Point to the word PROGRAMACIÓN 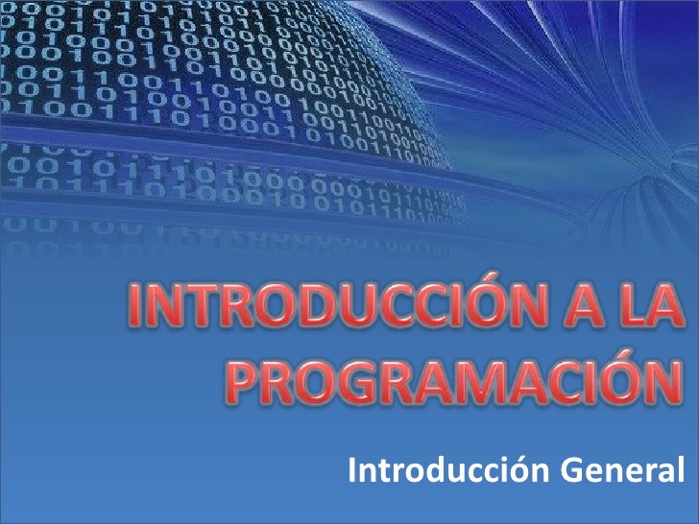(x=450, y=377)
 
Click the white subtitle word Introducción (x=440, y=470)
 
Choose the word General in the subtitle (x=614, y=470)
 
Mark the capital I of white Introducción (x=352, y=470)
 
